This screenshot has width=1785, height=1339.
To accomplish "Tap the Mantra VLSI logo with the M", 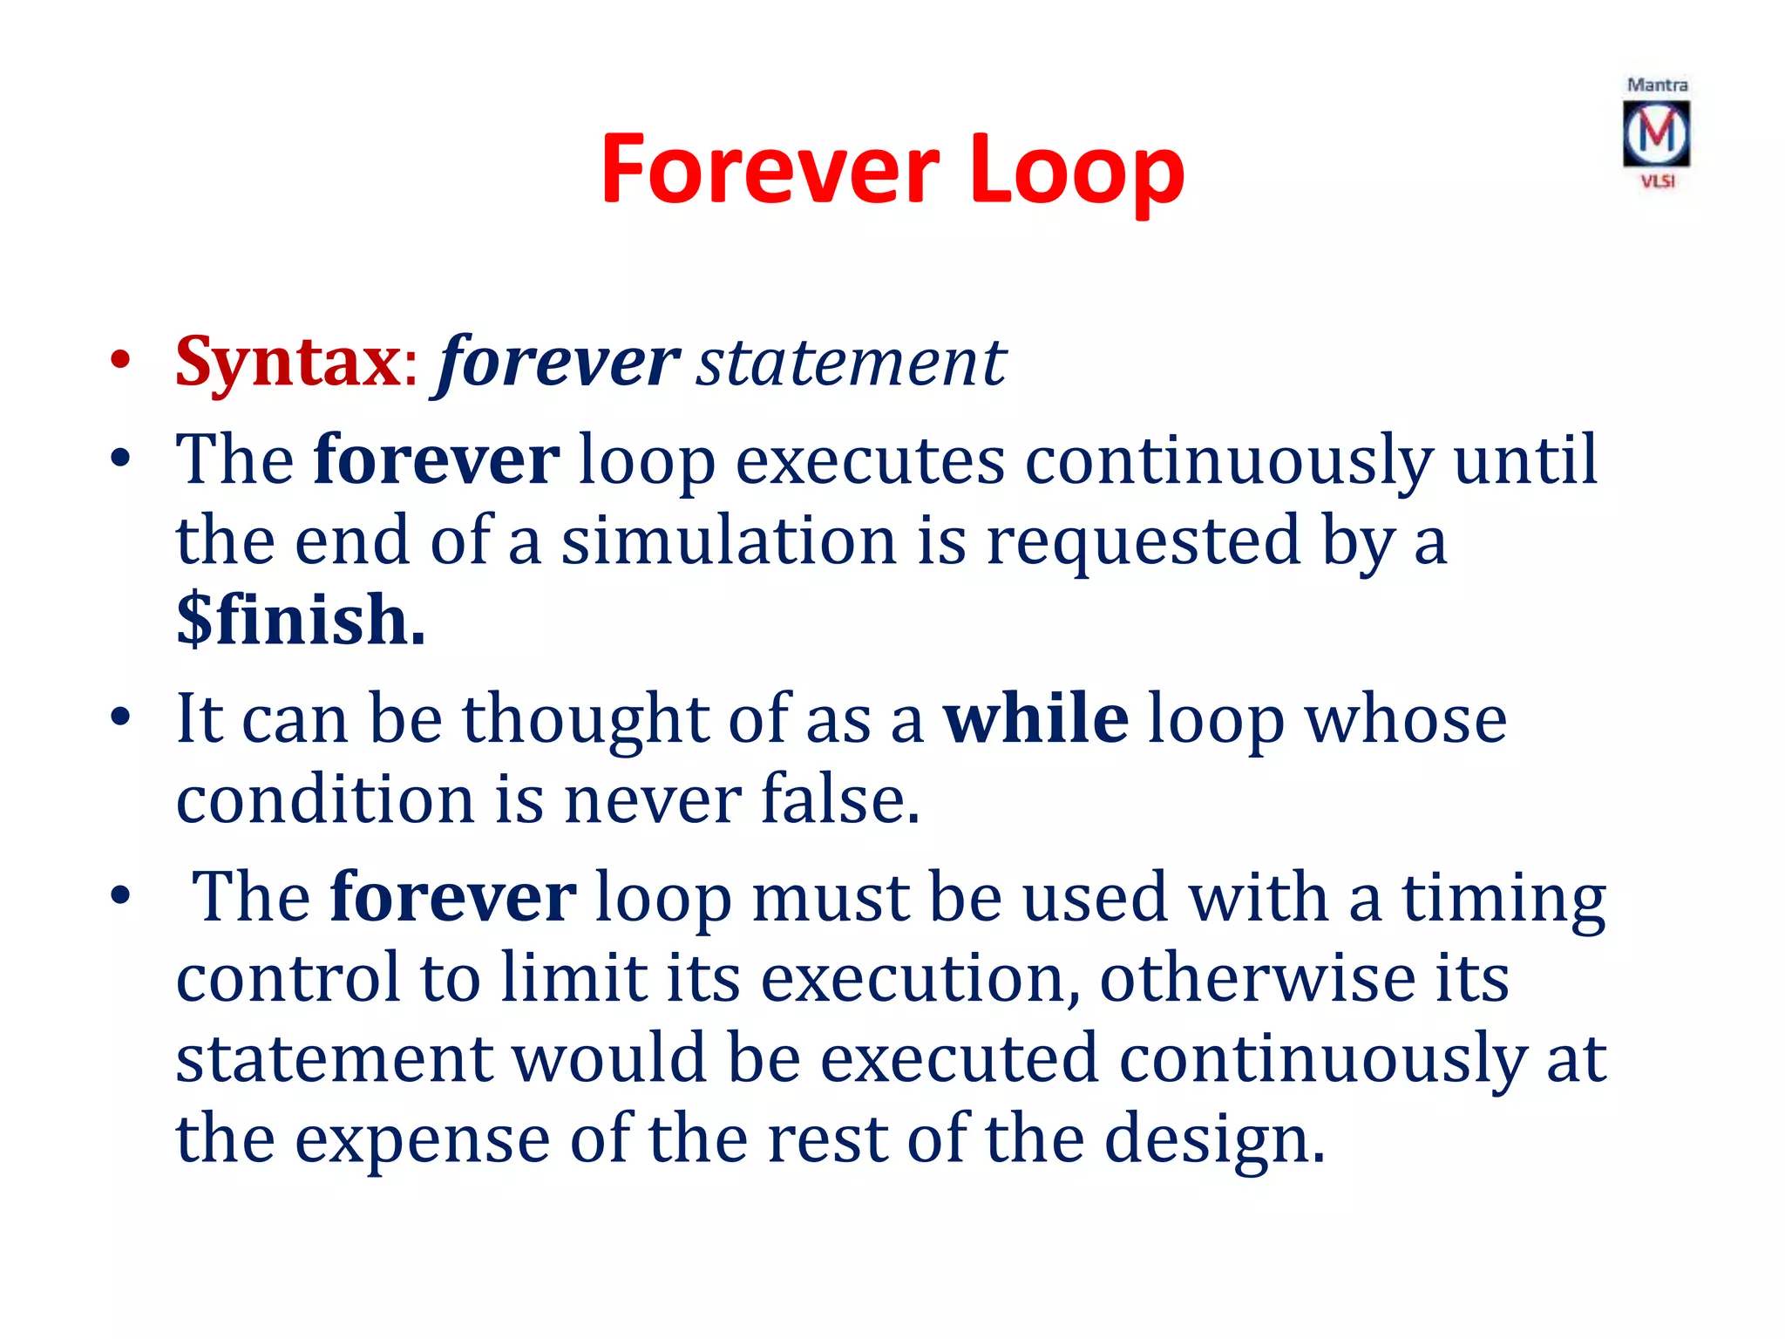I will point(1656,134).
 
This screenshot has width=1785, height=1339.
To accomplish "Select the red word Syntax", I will point(288,362).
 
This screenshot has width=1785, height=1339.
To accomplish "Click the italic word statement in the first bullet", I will point(851,362).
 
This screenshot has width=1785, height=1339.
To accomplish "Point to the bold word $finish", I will point(301,620).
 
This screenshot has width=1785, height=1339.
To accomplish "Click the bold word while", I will point(1036,718).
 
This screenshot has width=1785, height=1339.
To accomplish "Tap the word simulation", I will point(729,540).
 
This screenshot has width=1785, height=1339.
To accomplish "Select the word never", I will point(653,799).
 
